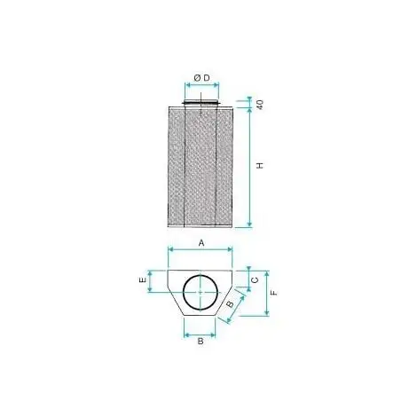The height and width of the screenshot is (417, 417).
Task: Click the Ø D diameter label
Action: point(201,78)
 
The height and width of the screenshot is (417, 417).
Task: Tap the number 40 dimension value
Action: point(259,105)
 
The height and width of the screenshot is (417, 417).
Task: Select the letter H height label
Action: point(259,166)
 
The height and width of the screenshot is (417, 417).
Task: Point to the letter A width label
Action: point(201,243)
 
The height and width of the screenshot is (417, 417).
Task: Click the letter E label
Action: point(143,279)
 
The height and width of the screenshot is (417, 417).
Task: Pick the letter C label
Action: point(255,279)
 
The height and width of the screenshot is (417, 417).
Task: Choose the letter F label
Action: point(274,293)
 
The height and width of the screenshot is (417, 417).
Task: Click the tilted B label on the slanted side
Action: point(230,303)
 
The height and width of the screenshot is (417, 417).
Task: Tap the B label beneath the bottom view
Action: point(201,342)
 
